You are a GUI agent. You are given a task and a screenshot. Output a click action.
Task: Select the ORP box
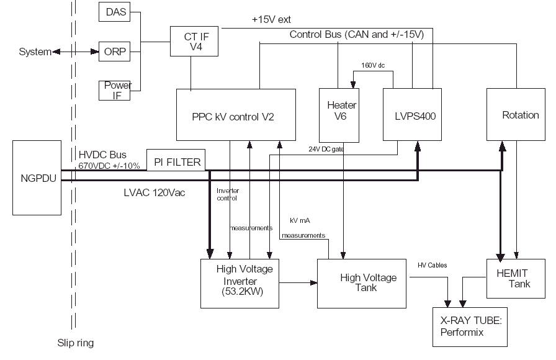pyautogui.click(x=114, y=52)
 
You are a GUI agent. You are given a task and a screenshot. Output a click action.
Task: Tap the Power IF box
pyautogui.click(x=114, y=90)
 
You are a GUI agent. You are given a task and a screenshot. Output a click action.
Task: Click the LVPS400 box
pyautogui.click(x=412, y=115)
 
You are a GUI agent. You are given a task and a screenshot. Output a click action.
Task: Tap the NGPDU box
pyautogui.click(x=37, y=178)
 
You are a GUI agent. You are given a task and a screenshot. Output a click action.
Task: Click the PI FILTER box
pyautogui.click(x=176, y=162)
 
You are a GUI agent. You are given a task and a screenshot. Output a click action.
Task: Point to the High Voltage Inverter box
pyautogui.click(x=240, y=284)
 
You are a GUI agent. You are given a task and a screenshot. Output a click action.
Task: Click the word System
pyautogui.click(x=35, y=52)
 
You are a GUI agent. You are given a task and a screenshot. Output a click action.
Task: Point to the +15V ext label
pyautogui.click(x=271, y=20)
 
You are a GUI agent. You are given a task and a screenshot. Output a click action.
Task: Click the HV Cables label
pyautogui.click(x=433, y=265)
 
